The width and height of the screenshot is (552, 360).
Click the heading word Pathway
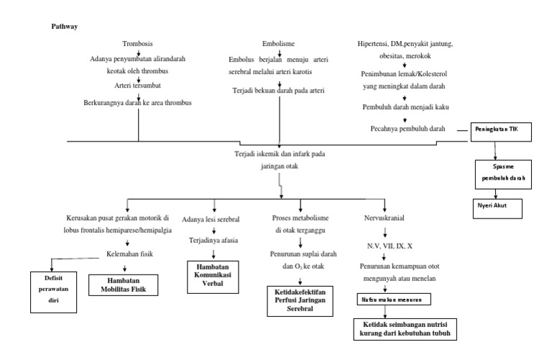pos(65,27)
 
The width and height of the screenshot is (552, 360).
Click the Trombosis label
pos(137,43)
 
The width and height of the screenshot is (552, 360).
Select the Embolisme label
pos(277,43)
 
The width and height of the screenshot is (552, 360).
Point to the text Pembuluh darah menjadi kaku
pos(406,106)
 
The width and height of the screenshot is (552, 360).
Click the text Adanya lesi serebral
pos(211,218)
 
